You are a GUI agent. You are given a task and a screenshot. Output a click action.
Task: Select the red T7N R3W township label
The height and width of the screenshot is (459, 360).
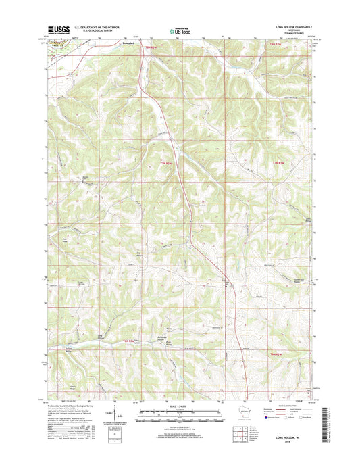[x=168, y=163]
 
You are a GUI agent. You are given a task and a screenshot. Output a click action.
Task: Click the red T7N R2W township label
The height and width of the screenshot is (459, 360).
[x=280, y=163]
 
